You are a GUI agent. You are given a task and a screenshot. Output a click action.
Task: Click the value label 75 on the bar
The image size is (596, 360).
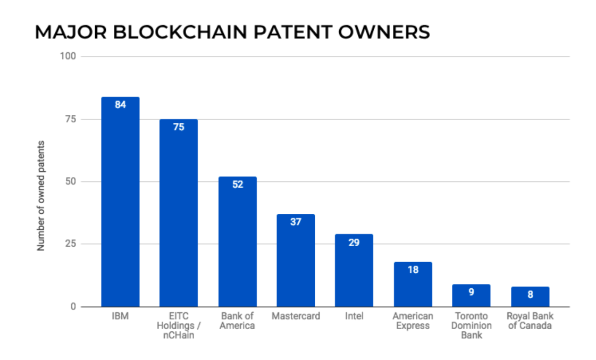[x=179, y=127]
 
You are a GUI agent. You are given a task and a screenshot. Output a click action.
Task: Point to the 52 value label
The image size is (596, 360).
[x=237, y=185]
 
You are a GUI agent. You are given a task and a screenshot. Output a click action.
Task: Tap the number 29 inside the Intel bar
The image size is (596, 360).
[x=354, y=242]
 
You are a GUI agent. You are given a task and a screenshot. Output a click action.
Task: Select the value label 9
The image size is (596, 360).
[x=471, y=292]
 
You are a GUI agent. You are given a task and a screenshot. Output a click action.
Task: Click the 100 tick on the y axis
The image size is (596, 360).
[x=69, y=56]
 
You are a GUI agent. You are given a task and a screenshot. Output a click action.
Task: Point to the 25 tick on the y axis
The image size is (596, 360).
[x=71, y=244]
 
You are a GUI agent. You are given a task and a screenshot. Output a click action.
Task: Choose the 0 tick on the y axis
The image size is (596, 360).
[x=73, y=307]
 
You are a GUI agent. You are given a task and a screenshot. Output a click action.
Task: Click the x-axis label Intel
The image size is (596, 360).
[x=354, y=316]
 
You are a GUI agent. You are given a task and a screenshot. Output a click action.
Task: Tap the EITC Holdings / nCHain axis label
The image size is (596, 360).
[x=179, y=325]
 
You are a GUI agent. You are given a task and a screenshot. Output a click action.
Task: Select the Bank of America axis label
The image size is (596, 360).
[x=237, y=321]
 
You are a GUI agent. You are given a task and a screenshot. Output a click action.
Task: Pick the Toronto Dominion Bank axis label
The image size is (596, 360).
[x=471, y=325]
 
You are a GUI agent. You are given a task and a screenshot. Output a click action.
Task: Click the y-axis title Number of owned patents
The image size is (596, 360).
[x=40, y=196]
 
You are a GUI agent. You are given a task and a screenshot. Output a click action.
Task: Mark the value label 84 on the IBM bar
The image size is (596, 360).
[x=120, y=105]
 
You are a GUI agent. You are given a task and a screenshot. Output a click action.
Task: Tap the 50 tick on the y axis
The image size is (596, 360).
[x=71, y=182]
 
